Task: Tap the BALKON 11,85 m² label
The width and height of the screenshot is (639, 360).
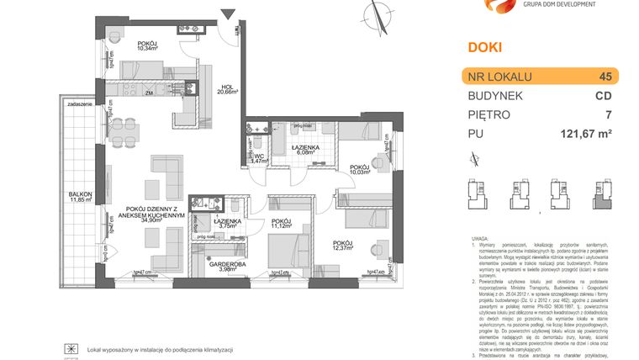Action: coord(81,198)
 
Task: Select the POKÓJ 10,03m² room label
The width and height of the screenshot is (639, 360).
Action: coord(361,171)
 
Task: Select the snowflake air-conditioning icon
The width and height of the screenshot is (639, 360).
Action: coord(73,349)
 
